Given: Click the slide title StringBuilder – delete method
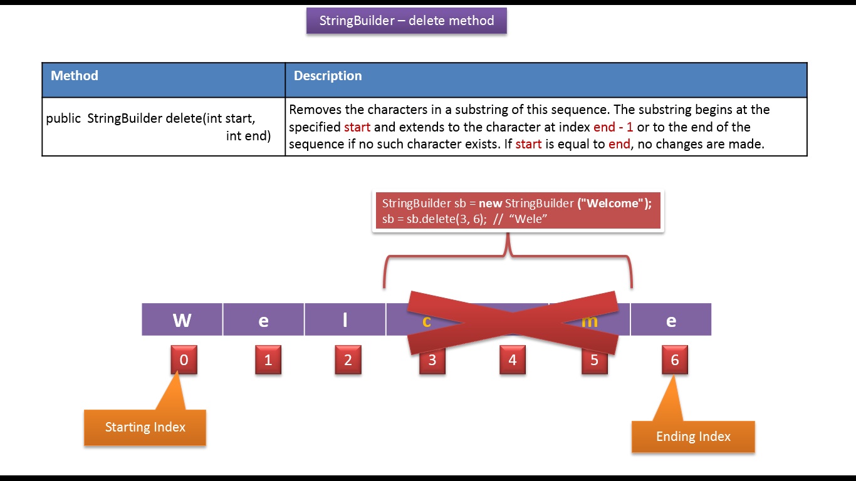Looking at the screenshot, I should [x=406, y=21].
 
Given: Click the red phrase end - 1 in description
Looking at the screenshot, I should [x=613, y=127].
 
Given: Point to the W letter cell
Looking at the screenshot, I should [x=182, y=320].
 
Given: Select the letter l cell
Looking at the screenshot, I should [x=345, y=320].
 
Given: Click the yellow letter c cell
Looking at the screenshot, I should [x=426, y=321].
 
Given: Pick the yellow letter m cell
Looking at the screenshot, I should [x=589, y=321].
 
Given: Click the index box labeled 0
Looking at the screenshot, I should [x=184, y=360].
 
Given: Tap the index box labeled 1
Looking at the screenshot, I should [x=268, y=360].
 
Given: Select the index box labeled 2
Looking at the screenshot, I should [x=348, y=360].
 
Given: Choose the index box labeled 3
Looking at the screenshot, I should [x=432, y=361].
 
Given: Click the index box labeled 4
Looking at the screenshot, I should [x=512, y=360].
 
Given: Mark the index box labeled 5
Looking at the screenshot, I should [x=594, y=360].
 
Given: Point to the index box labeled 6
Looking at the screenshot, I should [x=674, y=360].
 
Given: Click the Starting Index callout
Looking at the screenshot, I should [x=145, y=427].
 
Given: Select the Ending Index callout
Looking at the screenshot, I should [x=693, y=437].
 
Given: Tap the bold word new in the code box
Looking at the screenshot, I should [x=491, y=204].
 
